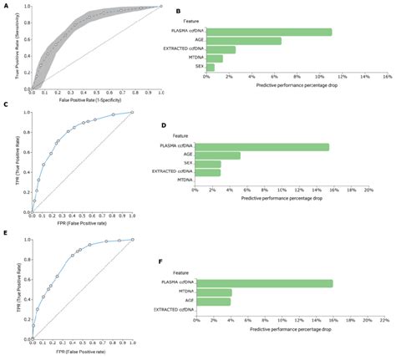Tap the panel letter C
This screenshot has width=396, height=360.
pos(6,105)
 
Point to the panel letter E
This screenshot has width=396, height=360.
pos(6,236)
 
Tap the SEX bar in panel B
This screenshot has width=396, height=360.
pos(211,68)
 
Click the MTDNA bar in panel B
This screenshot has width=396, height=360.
pos(215,58)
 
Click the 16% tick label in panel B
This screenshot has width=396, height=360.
pos(386,75)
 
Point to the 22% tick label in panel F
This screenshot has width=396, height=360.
pos(384,319)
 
